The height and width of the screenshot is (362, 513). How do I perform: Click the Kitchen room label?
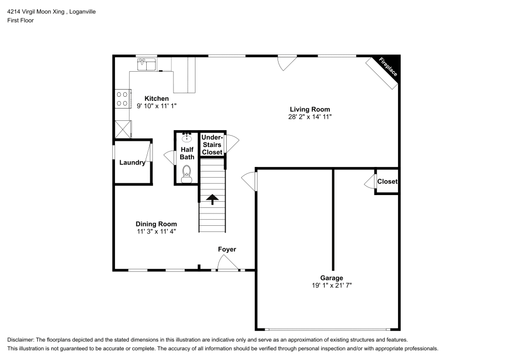click(x=156, y=98)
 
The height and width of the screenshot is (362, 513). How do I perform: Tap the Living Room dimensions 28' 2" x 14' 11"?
click(x=310, y=117)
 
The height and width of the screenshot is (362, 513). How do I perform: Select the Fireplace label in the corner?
click(x=388, y=67)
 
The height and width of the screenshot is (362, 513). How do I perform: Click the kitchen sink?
click(x=146, y=65)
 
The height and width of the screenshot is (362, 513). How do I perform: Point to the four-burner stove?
click(x=123, y=99)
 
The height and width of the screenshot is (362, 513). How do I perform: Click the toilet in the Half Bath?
click(x=187, y=174)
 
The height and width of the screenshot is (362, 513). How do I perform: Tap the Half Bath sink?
click(x=187, y=137)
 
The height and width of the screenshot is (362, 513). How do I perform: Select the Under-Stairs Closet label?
click(x=212, y=144)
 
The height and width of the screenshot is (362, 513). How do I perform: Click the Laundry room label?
click(x=132, y=162)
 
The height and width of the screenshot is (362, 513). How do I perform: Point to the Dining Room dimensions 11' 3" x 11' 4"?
click(x=156, y=231)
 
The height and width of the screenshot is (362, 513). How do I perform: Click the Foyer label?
click(x=227, y=249)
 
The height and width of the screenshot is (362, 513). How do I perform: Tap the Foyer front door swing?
click(x=228, y=262)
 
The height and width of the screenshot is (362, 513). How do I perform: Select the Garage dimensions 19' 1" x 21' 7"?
click(x=332, y=285)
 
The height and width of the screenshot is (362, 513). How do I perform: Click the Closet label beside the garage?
click(x=387, y=181)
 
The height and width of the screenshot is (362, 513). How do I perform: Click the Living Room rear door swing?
click(x=287, y=63)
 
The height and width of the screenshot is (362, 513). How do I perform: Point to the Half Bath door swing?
click(x=170, y=157)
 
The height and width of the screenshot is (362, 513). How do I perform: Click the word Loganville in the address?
click(x=83, y=12)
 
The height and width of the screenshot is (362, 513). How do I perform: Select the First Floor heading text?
click(x=21, y=20)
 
